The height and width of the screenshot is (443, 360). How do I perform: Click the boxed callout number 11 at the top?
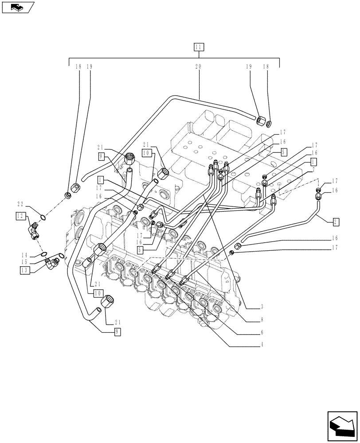click(199, 47)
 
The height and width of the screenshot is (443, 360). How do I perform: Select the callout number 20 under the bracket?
click(198, 66)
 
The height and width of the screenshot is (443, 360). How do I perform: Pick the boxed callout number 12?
click(20, 216)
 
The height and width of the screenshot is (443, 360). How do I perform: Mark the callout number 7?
click(313, 170)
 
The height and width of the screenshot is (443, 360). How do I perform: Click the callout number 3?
click(262, 307)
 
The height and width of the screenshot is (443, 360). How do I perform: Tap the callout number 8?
click(262, 319)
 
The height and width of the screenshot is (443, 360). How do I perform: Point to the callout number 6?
click(262, 332)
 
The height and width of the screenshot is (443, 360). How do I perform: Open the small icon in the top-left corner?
click(18, 7)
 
